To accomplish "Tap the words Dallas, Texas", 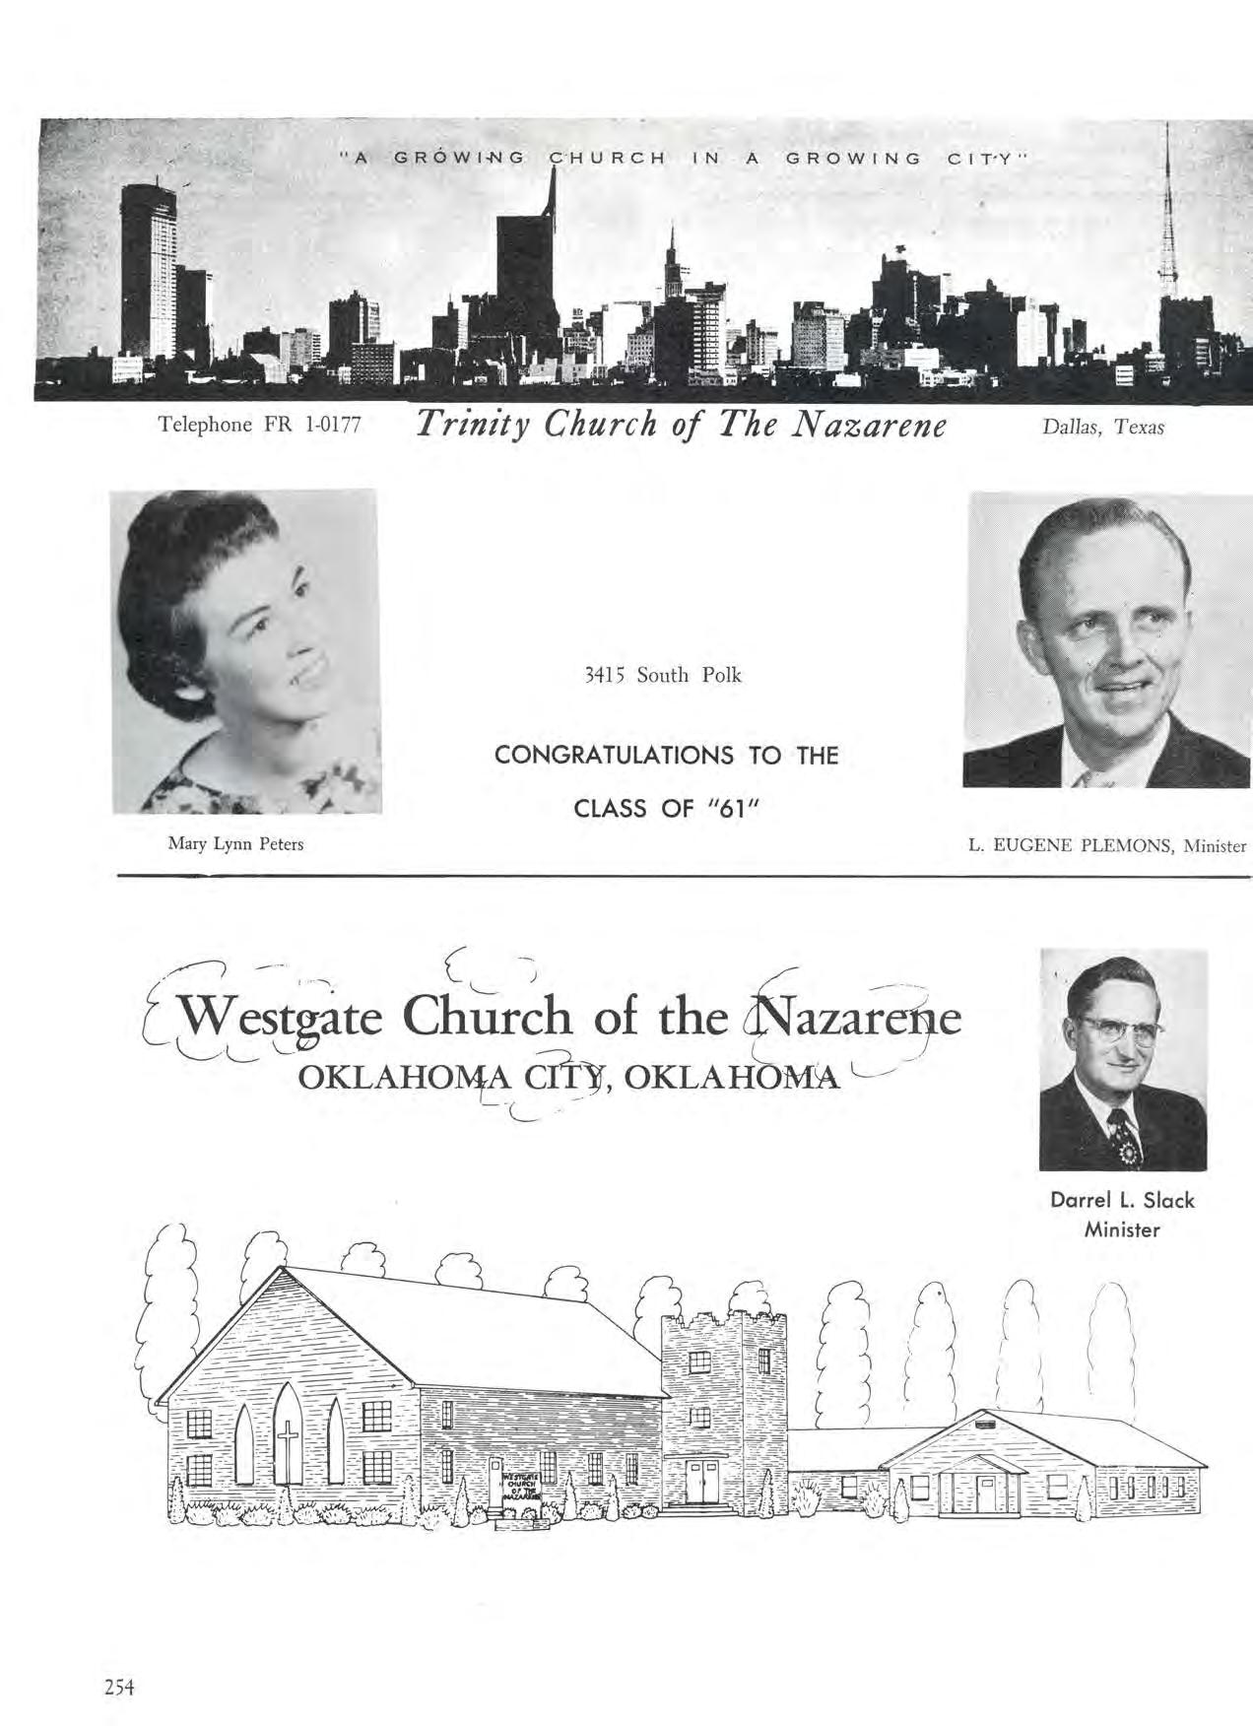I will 1102,428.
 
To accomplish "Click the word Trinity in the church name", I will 476,425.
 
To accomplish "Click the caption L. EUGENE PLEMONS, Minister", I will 1107,845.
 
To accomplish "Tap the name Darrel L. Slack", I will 1122,1201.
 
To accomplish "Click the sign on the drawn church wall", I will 519,1486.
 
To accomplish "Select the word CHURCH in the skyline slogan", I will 607,158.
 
